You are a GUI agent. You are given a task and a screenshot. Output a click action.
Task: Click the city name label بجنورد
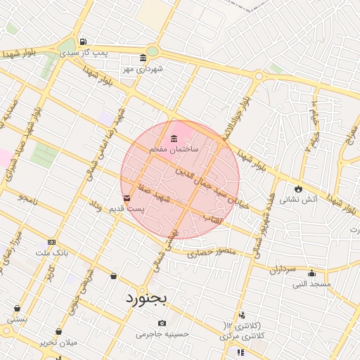coord(147,298)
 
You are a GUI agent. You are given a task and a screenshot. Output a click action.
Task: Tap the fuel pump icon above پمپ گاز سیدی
coord(84,41)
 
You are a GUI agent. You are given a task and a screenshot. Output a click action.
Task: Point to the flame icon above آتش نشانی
coord(299,188)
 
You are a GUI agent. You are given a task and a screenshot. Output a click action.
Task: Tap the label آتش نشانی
coord(299,200)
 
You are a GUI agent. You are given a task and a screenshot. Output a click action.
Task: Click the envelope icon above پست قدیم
coord(127,199)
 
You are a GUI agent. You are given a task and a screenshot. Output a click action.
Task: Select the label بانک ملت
coord(51,252)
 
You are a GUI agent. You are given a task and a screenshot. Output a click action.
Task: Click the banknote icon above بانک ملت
coord(51,242)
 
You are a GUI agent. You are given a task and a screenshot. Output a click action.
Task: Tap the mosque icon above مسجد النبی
coord(312,274)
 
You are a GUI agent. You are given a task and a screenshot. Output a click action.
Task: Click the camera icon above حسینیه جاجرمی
coord(162,323)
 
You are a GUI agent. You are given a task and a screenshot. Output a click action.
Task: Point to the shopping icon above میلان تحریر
coord(58,331)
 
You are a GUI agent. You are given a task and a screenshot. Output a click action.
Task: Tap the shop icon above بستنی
coord(17,308)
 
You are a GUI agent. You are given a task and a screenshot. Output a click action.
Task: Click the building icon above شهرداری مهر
coord(143,58)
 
